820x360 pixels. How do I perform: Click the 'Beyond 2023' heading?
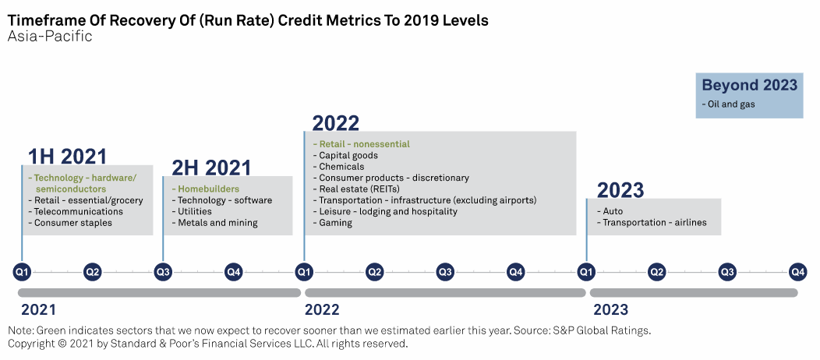(x=749, y=86)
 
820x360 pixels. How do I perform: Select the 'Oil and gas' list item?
(x=729, y=104)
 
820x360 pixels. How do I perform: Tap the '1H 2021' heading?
(x=67, y=157)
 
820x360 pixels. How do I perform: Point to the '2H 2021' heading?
(x=211, y=168)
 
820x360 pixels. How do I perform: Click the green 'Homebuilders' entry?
(x=208, y=189)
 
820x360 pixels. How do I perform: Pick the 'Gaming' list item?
(x=335, y=223)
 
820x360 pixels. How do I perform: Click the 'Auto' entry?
(x=613, y=211)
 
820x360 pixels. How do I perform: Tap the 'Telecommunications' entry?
(x=78, y=212)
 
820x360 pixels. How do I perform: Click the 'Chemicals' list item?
(x=341, y=167)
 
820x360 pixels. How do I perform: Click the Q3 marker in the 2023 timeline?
(x=727, y=272)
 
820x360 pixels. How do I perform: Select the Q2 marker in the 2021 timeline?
(x=93, y=272)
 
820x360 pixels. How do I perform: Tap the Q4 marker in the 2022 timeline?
(x=515, y=272)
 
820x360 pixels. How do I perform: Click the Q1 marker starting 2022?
(x=304, y=272)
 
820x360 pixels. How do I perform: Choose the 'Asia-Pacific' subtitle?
(x=50, y=37)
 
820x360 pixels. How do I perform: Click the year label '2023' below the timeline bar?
(x=610, y=309)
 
